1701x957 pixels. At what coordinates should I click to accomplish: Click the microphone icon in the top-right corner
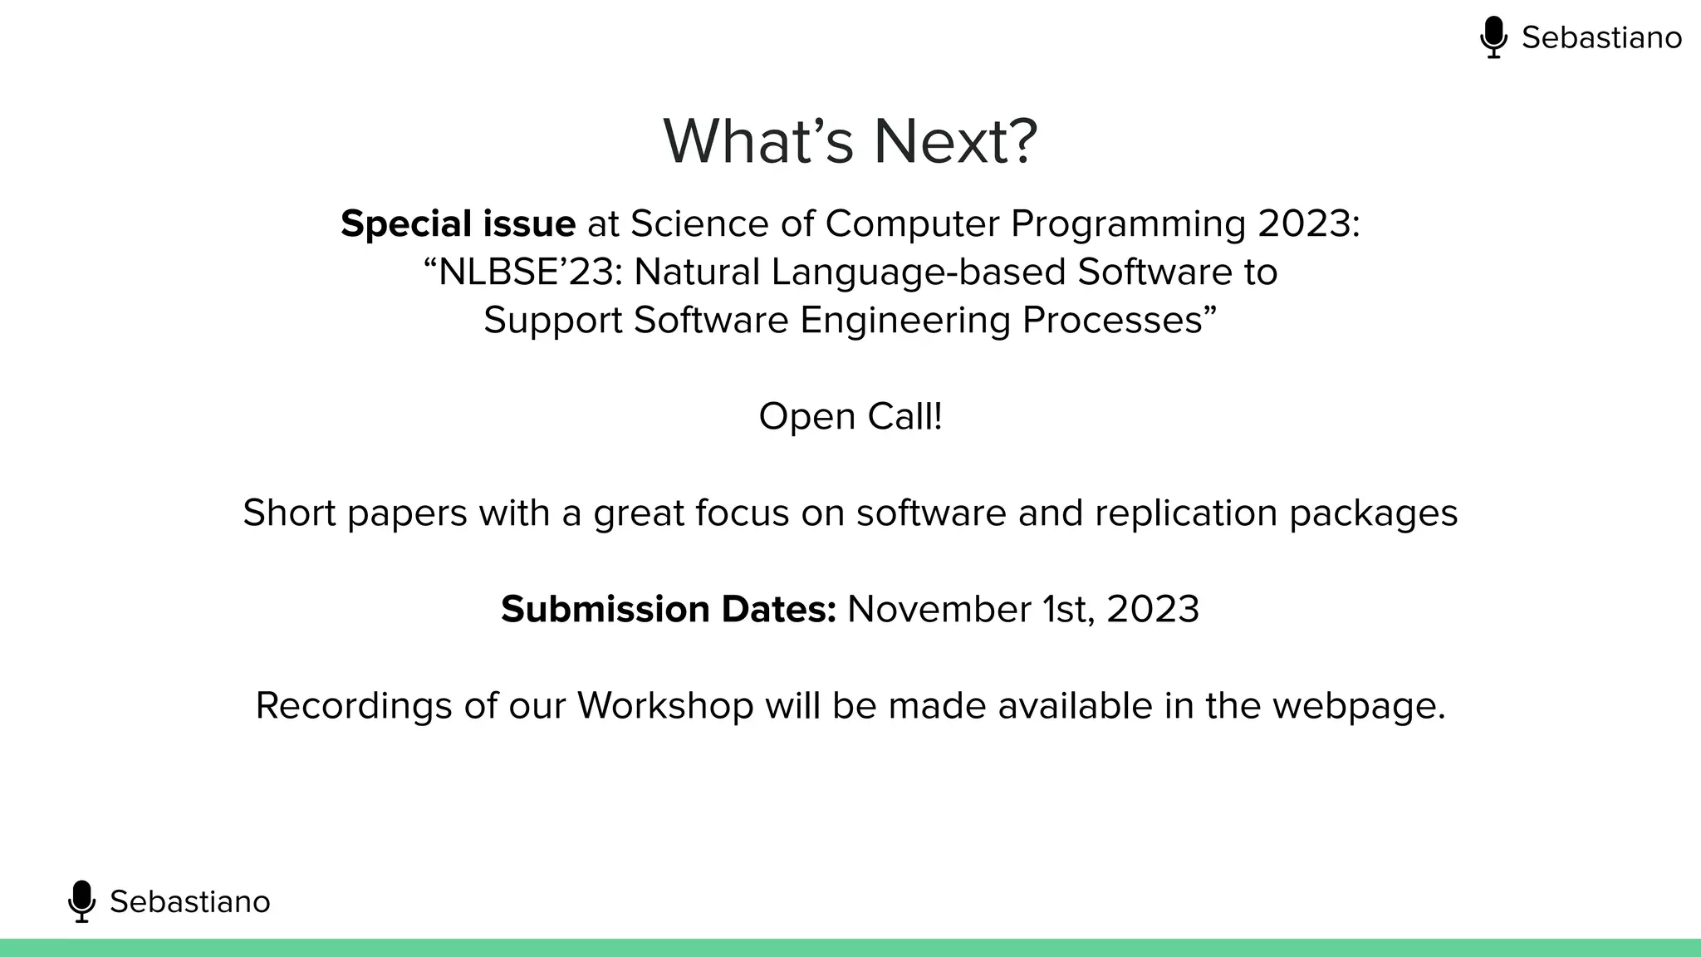[x=1493, y=37]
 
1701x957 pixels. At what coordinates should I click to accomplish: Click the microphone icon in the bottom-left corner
[x=81, y=901]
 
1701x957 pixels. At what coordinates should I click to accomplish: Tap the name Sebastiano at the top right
[x=1601, y=37]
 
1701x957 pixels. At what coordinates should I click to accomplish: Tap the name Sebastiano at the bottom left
[x=189, y=901]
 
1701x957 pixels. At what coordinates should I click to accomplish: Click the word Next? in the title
[x=955, y=141]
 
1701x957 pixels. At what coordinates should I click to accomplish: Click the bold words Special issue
[x=458, y=223]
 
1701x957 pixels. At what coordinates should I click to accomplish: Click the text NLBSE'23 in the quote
[x=522, y=272]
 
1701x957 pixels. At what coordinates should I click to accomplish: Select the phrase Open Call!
[x=850, y=416]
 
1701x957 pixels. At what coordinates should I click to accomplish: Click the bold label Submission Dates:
[x=668, y=609]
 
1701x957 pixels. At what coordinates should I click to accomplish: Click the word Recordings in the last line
[x=354, y=706]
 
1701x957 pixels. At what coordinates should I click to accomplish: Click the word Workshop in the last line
[x=665, y=706]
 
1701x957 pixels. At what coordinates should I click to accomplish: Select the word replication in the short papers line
[x=1186, y=513]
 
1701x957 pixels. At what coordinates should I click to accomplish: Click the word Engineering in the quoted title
[x=904, y=321]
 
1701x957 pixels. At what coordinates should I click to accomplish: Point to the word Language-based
[x=918, y=272]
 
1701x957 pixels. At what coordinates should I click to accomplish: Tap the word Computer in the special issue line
[x=912, y=223]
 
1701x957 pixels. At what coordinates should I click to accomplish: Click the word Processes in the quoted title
[x=1118, y=321]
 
